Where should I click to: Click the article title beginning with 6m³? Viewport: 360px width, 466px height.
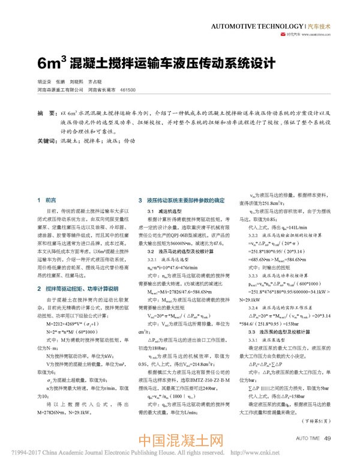coord(155,63)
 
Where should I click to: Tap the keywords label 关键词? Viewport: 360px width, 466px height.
coord(47,142)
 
